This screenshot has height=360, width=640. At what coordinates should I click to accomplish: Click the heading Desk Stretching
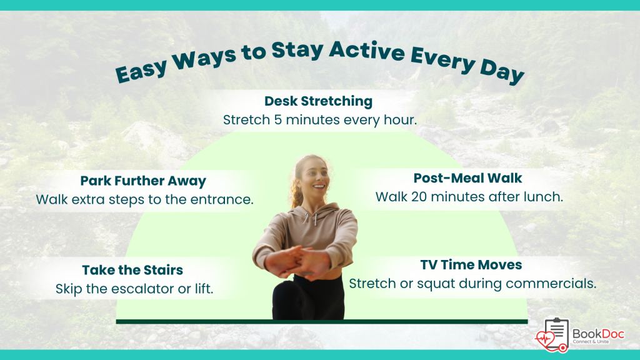click(318, 101)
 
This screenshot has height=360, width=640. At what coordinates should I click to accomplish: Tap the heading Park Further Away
click(143, 181)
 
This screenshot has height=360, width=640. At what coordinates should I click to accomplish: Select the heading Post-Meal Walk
click(467, 178)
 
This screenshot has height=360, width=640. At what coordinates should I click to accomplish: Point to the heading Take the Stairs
click(132, 270)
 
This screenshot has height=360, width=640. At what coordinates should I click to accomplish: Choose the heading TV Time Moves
click(471, 264)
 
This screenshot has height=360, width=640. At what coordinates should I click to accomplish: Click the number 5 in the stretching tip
click(277, 120)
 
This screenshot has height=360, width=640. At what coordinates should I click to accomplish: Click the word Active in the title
click(366, 51)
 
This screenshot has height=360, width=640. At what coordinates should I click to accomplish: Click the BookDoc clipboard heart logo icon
click(552, 336)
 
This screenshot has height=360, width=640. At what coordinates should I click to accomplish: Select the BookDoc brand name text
click(598, 334)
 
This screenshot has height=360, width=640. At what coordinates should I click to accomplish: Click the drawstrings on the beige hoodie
click(310, 219)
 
